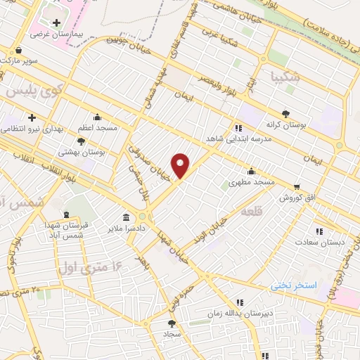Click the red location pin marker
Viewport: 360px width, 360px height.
tap(181, 165)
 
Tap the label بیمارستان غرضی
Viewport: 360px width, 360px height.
tap(56, 34)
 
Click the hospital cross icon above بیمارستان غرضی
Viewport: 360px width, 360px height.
tap(56, 22)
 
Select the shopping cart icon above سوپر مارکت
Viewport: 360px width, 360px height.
tap(18, 50)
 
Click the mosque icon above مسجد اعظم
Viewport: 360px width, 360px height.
tap(96, 117)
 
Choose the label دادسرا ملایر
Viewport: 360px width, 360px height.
tap(126, 229)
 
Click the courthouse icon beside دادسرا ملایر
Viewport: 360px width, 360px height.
tap(126, 217)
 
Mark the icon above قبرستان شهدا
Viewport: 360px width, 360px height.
tap(66, 214)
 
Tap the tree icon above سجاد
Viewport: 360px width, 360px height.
tap(172, 324)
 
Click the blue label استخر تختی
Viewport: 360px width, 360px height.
tap(295, 285)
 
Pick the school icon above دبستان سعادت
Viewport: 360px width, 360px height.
tap(320, 231)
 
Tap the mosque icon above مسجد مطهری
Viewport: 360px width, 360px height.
tap(251, 171)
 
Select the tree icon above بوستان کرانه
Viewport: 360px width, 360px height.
tap(285, 113)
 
